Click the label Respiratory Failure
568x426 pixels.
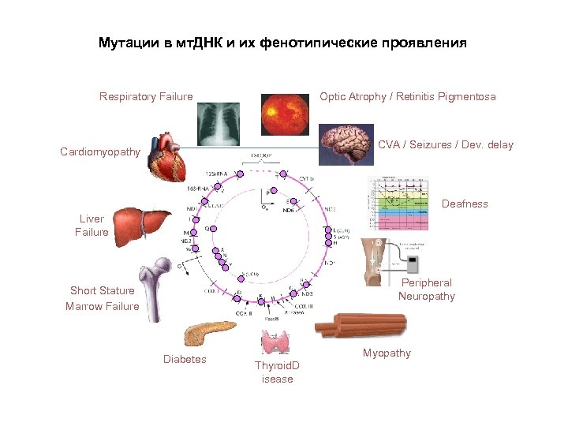[x=146, y=97]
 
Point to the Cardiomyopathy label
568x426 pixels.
[x=100, y=151]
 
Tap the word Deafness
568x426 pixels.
[x=465, y=204]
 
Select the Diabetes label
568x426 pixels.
[x=185, y=360]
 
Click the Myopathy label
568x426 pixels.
[x=387, y=353]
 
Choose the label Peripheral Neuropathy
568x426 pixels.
[x=426, y=290]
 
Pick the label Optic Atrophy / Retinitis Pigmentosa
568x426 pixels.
[x=407, y=97]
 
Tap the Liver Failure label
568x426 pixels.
[x=92, y=225]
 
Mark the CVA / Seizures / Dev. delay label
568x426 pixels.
[x=445, y=145]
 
